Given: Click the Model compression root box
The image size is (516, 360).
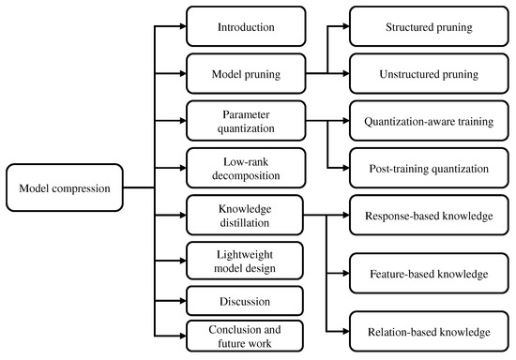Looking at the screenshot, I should click(65, 187).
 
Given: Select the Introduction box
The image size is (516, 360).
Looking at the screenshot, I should click(245, 26).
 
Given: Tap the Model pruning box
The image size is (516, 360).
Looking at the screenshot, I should click(245, 72).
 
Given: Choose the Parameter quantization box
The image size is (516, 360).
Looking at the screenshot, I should click(245, 119).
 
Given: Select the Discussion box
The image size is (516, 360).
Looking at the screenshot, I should click(245, 301).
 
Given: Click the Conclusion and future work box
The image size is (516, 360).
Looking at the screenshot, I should click(245, 335).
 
